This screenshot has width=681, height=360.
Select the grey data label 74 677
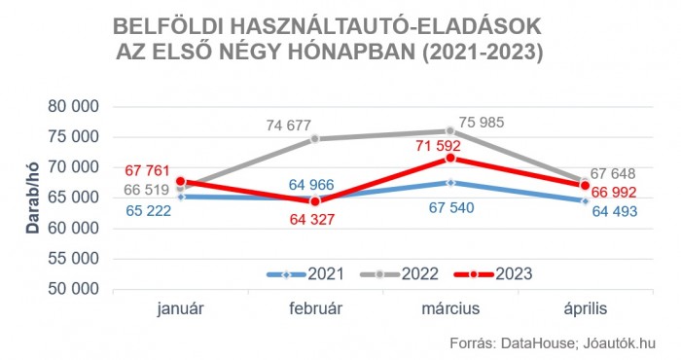pos(293,125)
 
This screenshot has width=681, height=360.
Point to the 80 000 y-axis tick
pos(75,106)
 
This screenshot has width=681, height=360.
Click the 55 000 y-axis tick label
pos(75,259)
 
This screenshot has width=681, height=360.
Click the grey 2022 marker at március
pos(450,130)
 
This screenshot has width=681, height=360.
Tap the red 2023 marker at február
pos(313,201)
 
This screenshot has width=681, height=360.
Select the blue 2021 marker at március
pos(450,182)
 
